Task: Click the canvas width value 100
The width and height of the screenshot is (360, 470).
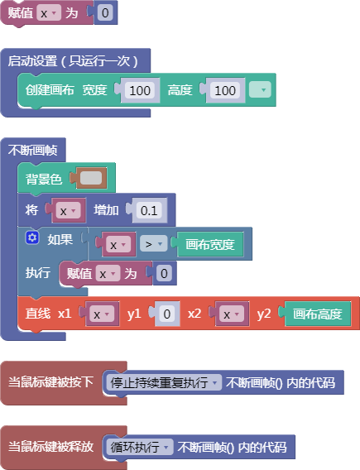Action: tap(140, 90)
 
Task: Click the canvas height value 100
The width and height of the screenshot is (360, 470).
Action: tap(225, 90)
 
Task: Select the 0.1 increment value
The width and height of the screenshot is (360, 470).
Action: tap(149, 210)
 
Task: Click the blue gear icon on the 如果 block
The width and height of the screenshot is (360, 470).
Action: tap(32, 238)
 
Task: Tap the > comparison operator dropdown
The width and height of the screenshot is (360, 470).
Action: tap(153, 244)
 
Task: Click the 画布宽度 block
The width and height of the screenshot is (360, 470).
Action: tap(210, 244)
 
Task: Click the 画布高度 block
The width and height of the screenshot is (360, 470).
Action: tap(318, 314)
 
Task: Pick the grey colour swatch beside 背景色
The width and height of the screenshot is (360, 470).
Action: tap(91, 178)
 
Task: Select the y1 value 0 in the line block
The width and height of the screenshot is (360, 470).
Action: tap(167, 314)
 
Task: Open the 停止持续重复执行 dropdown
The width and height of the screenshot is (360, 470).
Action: tap(164, 382)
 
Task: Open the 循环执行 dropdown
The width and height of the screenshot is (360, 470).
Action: tap(139, 447)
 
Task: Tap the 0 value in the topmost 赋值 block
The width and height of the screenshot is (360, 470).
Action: tap(105, 12)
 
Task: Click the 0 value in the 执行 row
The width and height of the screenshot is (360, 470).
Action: tap(164, 273)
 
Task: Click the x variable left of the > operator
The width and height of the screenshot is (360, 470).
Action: tap(117, 244)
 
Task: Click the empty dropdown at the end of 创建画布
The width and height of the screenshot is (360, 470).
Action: tap(260, 89)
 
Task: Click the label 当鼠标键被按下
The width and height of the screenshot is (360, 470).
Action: tap(50, 382)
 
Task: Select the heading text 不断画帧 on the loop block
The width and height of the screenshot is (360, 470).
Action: tap(32, 150)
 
